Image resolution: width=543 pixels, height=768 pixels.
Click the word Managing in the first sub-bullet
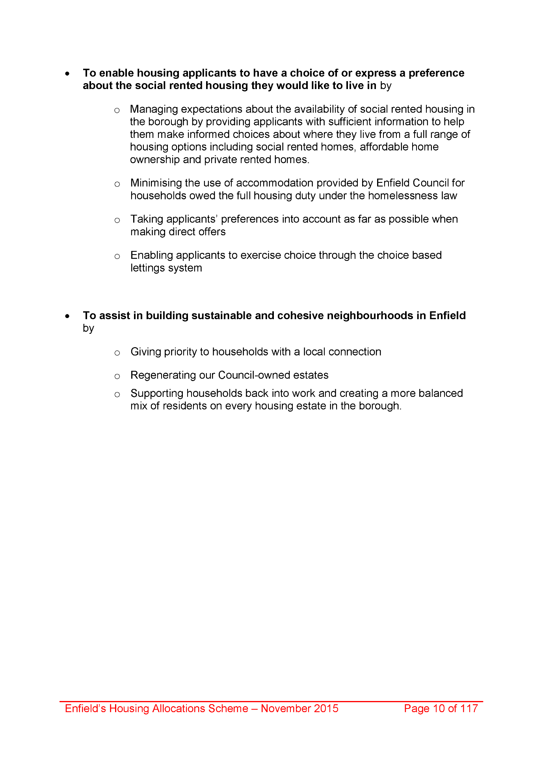[154, 110]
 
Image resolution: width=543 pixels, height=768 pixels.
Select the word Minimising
[156, 183]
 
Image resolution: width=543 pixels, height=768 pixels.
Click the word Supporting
[156, 394]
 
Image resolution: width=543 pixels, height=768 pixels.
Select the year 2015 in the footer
[325, 708]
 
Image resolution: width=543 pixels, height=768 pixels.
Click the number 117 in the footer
[469, 708]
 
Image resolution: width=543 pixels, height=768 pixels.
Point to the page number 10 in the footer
[439, 708]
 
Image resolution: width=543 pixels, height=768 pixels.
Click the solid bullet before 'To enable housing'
[68, 74]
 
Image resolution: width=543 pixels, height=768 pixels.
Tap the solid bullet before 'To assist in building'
[68, 316]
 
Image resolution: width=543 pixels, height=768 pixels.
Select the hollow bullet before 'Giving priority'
[117, 353]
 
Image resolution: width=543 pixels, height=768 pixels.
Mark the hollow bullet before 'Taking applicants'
[117, 220]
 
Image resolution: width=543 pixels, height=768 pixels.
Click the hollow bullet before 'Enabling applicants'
[117, 257]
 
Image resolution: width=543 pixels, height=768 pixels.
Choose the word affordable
[384, 147]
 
